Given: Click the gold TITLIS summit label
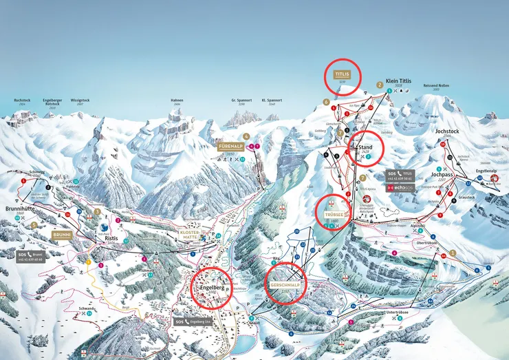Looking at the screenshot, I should (x=342, y=73).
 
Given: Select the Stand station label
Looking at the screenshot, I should (x=365, y=147).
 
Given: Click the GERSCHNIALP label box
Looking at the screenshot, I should (x=283, y=284).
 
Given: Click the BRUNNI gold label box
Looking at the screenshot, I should (x=62, y=235).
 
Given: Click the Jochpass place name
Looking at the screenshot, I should (x=444, y=175).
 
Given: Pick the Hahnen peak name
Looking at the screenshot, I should (x=177, y=100).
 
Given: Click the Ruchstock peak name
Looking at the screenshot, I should (x=22, y=100).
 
